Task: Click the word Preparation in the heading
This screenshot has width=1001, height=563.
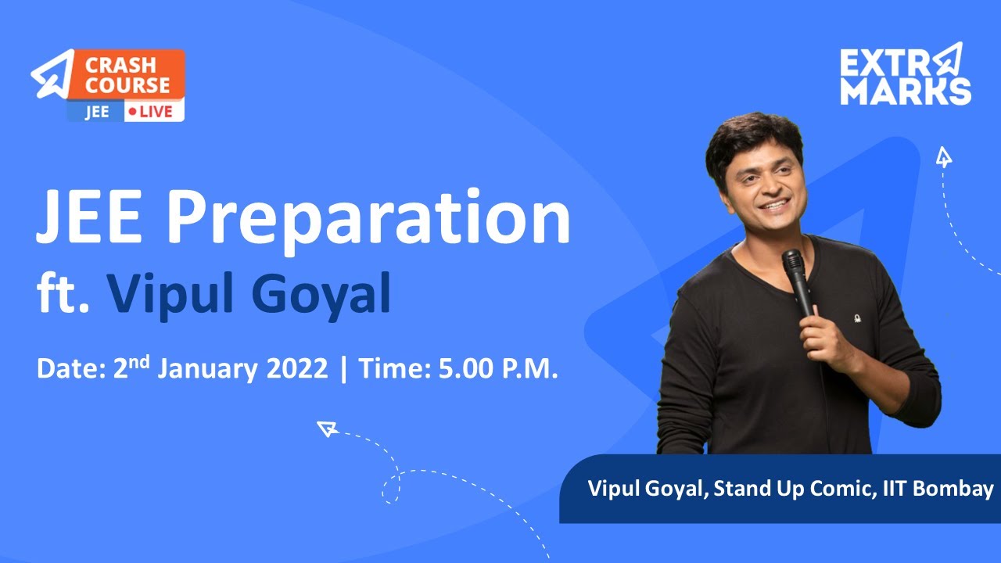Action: [368, 219]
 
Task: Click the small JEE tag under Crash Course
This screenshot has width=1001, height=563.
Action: [96, 112]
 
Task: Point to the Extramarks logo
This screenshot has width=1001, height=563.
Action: [905, 74]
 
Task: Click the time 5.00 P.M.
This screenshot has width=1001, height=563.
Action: [498, 368]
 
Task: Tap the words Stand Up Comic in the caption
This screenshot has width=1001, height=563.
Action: [798, 489]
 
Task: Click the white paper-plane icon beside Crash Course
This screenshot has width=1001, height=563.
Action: [52, 74]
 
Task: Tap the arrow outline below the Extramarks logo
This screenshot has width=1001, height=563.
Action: [944, 157]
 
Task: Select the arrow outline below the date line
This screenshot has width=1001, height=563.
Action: [326, 428]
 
